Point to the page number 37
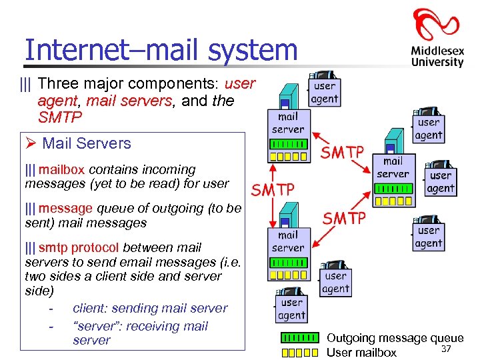click(446, 350)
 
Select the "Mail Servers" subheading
click(87, 143)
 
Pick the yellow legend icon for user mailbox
click(299, 353)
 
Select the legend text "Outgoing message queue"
click(395, 339)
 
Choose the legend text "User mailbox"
click(361, 353)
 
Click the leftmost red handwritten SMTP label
click(273, 189)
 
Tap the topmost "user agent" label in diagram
click(325, 92)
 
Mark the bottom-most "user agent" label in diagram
click(291, 309)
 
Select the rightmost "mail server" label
click(393, 167)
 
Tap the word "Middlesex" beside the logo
click(437, 51)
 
